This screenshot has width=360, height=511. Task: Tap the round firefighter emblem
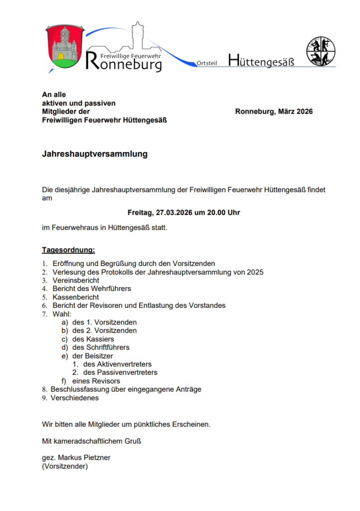(321, 51)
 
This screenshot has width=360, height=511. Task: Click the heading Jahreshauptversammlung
(95, 154)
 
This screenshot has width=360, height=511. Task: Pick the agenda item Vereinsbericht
(76, 280)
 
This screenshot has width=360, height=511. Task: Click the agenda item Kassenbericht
(76, 297)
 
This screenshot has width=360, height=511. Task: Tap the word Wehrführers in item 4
(111, 288)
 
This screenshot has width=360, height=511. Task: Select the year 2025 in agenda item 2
(254, 272)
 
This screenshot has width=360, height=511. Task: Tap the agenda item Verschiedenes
(75, 398)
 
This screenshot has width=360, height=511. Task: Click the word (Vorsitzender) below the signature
(65, 466)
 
